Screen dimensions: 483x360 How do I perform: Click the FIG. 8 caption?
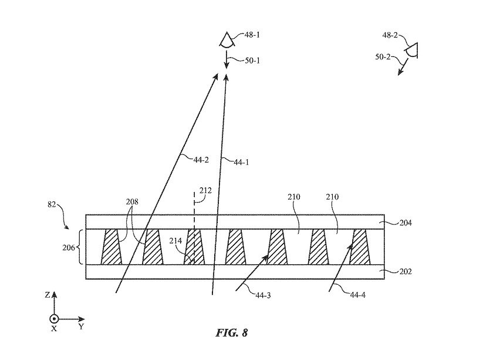pos(232,333)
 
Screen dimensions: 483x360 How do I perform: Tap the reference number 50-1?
pos(252,60)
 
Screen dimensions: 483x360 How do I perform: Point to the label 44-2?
pos(201,160)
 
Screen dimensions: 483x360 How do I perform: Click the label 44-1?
pos(241,162)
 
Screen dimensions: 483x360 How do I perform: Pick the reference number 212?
pos(205,190)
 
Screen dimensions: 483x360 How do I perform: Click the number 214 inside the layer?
pos(175,241)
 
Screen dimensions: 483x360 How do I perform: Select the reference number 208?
pos(132,201)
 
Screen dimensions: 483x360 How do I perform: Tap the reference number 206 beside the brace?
pos(69,247)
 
